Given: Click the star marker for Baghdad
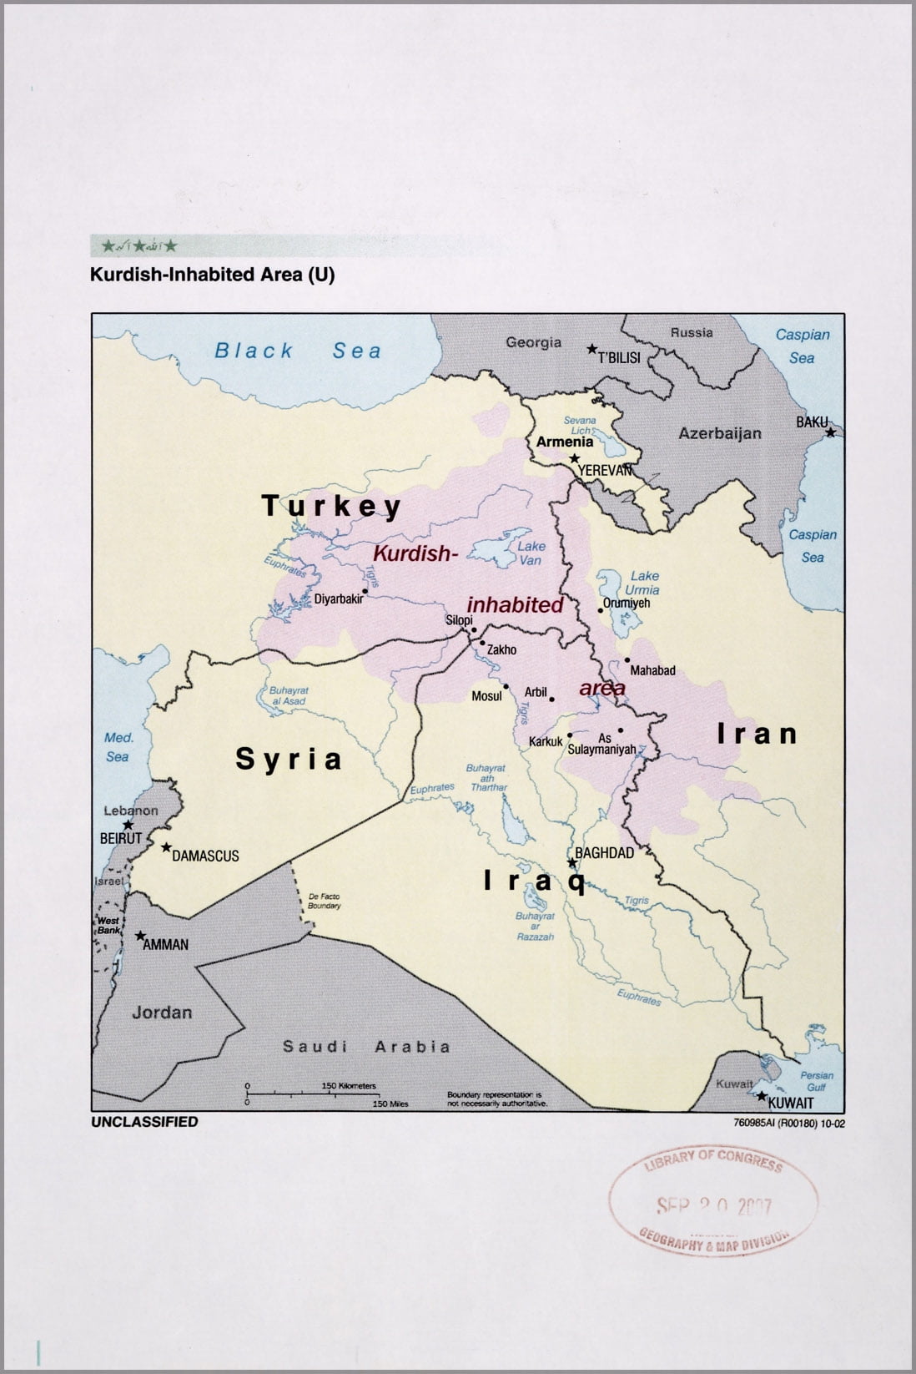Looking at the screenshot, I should point(571,862).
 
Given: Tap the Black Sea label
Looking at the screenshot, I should point(298,351).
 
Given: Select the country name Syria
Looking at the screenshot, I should point(289,759).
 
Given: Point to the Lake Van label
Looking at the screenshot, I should point(531,553).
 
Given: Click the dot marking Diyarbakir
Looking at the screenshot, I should point(365,590).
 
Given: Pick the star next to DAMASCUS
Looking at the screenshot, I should point(166,847).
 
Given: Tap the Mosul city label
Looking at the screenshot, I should point(486,695).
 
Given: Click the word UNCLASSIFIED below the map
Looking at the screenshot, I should point(144,1122).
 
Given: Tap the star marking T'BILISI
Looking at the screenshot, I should point(591,349).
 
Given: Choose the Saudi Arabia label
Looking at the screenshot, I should point(366,1046).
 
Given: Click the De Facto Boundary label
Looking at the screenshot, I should point(324,901).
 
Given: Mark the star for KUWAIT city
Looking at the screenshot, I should point(760,1095).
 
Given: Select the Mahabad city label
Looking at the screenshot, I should point(652,670).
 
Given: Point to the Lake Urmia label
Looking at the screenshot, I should point(644,583).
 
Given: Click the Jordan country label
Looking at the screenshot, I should point(162,1013).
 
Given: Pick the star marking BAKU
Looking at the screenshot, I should point(830,432).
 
